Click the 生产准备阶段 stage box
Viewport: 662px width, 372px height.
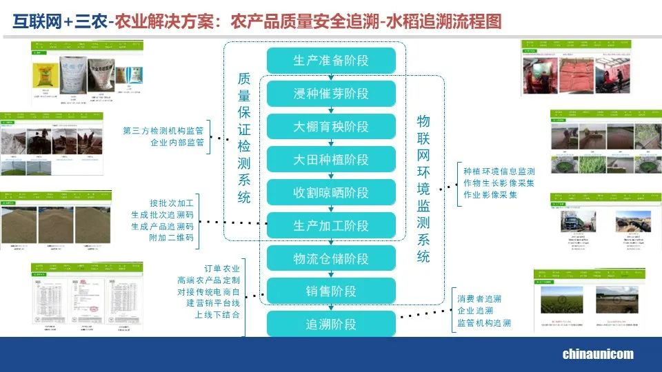pos(331,61)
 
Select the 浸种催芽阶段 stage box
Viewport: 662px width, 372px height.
pos(331,94)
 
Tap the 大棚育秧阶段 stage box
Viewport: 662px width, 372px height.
pos(331,127)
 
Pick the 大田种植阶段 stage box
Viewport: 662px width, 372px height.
pos(331,160)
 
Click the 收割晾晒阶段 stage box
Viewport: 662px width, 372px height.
pos(331,193)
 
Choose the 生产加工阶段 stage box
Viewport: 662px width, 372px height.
pos(331,226)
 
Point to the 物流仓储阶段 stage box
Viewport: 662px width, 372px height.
pos(331,259)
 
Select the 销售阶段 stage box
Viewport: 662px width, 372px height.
pos(331,291)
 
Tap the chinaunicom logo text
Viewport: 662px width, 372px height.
pos(598,355)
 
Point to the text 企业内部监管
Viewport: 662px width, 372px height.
pos(177,143)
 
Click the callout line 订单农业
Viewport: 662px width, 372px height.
pos(222,268)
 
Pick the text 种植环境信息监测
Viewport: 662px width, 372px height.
pos(499,171)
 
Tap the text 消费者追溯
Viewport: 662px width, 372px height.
pos(479,299)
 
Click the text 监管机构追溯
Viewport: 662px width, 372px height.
pos(484,323)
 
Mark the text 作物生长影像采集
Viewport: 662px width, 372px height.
pos(499,183)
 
